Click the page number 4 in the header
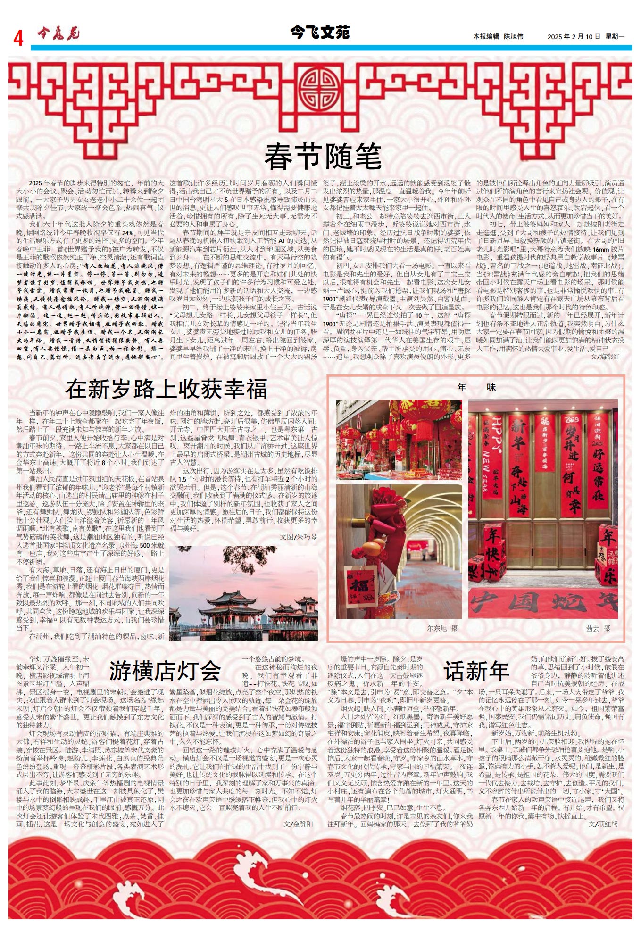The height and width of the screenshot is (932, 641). pyautogui.click(x=18, y=38)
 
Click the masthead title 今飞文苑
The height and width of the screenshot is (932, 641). pyautogui.click(x=320, y=33)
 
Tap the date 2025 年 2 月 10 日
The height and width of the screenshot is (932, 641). pyautogui.click(x=574, y=36)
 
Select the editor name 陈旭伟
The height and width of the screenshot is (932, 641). pyautogui.click(x=513, y=36)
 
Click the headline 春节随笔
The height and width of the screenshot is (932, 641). pyautogui.click(x=323, y=157)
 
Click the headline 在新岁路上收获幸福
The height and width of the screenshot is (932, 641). pyautogui.click(x=166, y=389)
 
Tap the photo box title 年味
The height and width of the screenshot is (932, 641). pyautogui.click(x=476, y=387)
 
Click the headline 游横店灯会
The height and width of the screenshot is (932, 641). pyautogui.click(x=165, y=670)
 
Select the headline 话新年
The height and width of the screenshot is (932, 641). pyautogui.click(x=476, y=670)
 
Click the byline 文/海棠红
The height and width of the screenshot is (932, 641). pyautogui.click(x=605, y=357)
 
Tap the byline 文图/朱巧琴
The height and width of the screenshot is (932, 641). pyautogui.click(x=299, y=536)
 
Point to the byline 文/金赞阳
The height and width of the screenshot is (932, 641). pyautogui.click(x=298, y=824)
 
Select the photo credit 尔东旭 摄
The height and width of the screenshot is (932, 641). pyautogui.click(x=442, y=628)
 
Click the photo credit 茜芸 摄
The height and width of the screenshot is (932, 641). pyautogui.click(x=598, y=628)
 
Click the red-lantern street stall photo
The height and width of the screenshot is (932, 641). pyautogui.click(x=399, y=440)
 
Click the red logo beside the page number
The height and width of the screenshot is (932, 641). pyautogui.click(x=58, y=33)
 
